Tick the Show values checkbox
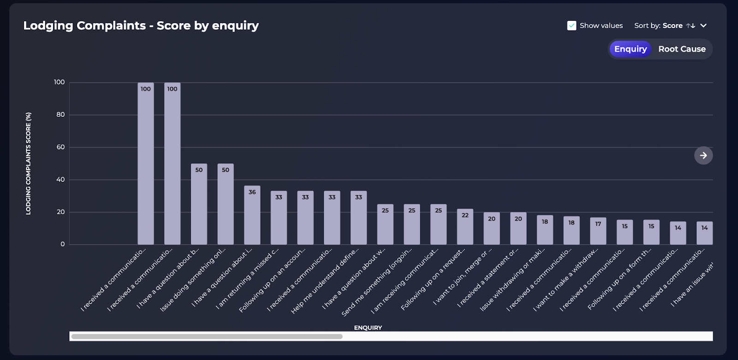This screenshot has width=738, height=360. [571, 26]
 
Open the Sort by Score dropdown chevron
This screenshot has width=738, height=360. [703, 26]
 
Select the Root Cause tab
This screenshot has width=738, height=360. [682, 49]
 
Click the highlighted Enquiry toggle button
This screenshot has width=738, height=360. [630, 49]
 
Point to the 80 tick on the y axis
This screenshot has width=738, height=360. [60, 114]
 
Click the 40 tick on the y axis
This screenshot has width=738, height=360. [60, 180]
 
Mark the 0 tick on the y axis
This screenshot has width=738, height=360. [63, 244]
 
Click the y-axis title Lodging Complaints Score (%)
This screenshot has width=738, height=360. [29, 163]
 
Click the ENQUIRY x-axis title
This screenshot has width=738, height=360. [368, 328]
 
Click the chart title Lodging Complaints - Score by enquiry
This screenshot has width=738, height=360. [141, 26]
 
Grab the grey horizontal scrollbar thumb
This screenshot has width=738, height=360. [207, 336]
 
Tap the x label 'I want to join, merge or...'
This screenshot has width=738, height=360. [463, 277]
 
